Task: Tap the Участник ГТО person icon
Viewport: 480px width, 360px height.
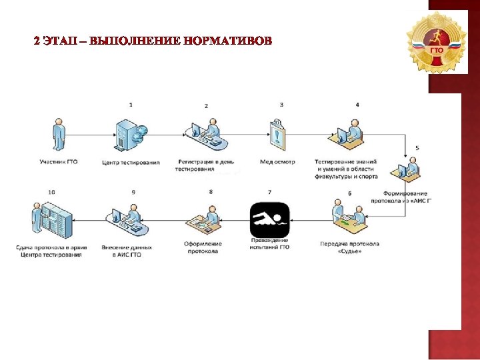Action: (59, 137)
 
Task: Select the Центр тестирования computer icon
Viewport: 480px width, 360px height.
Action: (129, 136)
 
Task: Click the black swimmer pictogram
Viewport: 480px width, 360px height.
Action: (269, 218)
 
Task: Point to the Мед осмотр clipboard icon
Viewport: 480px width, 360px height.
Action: (277, 135)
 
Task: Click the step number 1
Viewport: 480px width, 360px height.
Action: (131, 105)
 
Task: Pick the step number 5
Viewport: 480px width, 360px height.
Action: (417, 147)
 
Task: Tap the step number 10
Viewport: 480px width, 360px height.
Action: (51, 192)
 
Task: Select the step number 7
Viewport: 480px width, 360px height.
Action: (269, 192)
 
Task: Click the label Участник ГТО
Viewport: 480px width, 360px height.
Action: (59, 162)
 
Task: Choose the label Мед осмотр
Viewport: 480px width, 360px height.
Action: (277, 162)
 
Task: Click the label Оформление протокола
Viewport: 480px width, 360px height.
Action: (203, 247)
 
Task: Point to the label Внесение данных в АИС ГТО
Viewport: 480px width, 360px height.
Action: (127, 251)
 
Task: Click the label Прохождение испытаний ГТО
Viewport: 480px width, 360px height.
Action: (269, 243)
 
